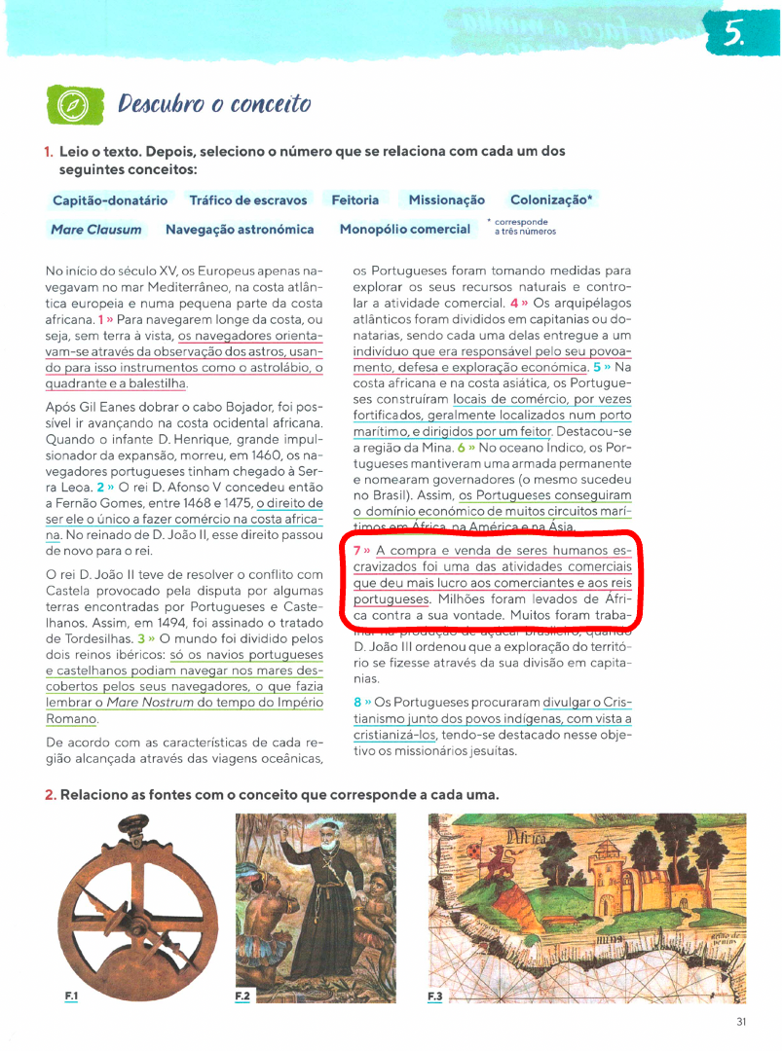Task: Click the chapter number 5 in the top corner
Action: click(732, 36)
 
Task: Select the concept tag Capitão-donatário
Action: click(109, 200)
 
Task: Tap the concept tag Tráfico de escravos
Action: click(248, 200)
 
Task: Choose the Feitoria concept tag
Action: click(355, 200)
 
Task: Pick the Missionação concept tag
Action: click(446, 200)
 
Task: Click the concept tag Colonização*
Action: click(551, 200)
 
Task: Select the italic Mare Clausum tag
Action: click(95, 230)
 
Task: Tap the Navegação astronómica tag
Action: click(240, 230)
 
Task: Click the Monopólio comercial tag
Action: click(405, 230)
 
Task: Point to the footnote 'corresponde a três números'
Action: click(524, 227)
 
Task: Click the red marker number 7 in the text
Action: click(357, 551)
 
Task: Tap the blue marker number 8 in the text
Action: click(357, 702)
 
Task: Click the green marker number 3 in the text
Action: click(141, 639)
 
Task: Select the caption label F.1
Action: click(71, 996)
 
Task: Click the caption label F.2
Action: click(242, 996)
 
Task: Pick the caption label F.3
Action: click(434, 996)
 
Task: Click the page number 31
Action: click(741, 1021)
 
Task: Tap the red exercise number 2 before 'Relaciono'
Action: click(49, 795)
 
